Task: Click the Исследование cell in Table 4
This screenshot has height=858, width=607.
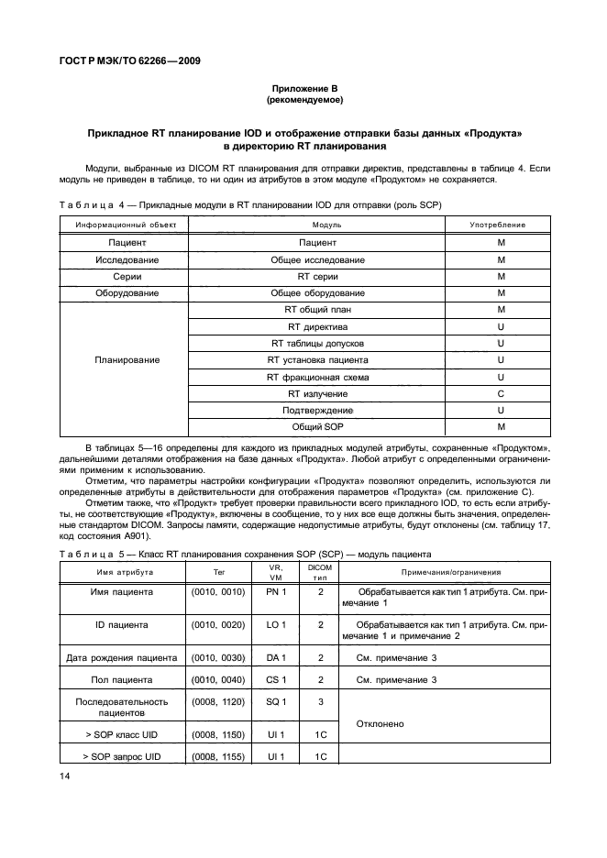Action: click(x=120, y=260)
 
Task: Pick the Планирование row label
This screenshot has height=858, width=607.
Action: click(x=120, y=360)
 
